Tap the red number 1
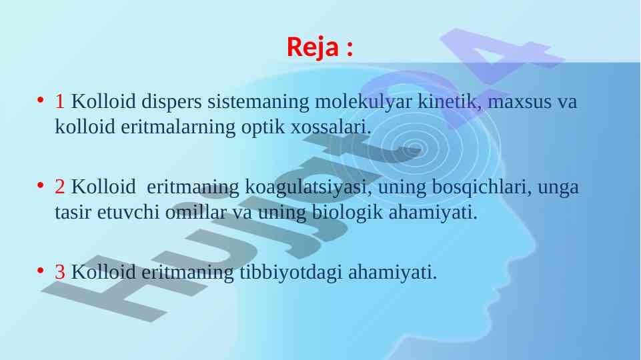coord(59,101)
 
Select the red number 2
coord(59,187)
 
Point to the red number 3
coord(59,272)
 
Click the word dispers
coord(171,102)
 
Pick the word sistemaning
coord(258,102)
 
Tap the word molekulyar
coord(363,102)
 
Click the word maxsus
coord(520,102)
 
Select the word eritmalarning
coord(178,127)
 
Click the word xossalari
coord(331,127)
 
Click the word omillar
coord(196,213)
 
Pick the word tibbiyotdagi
coord(291,273)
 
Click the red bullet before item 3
coord(40,270)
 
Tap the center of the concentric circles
coord(414,147)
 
